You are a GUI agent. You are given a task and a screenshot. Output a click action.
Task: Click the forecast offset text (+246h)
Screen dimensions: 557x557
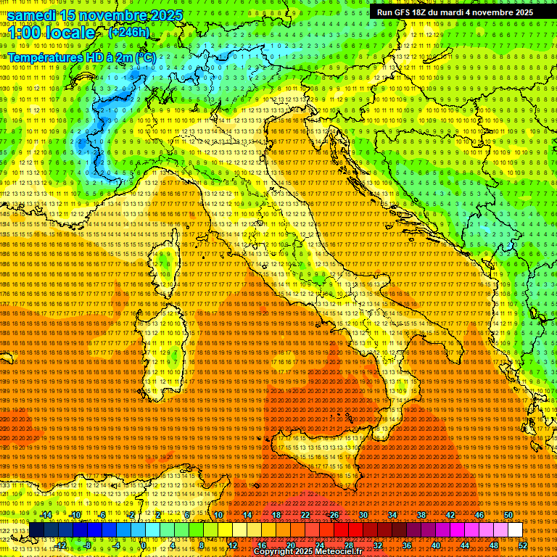[129, 33]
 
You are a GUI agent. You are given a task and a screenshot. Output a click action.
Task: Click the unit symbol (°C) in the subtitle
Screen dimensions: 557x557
[144, 57]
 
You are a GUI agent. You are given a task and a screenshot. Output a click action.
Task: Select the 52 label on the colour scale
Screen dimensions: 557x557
[523, 545]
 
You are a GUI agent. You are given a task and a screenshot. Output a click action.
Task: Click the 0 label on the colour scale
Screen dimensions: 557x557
[144, 545]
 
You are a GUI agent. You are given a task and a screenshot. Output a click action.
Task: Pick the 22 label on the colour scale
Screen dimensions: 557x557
[305, 516]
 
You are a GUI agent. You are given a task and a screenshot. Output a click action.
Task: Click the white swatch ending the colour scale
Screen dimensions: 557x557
[515, 530]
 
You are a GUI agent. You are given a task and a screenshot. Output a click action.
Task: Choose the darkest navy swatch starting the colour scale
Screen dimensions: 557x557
[36, 530]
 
